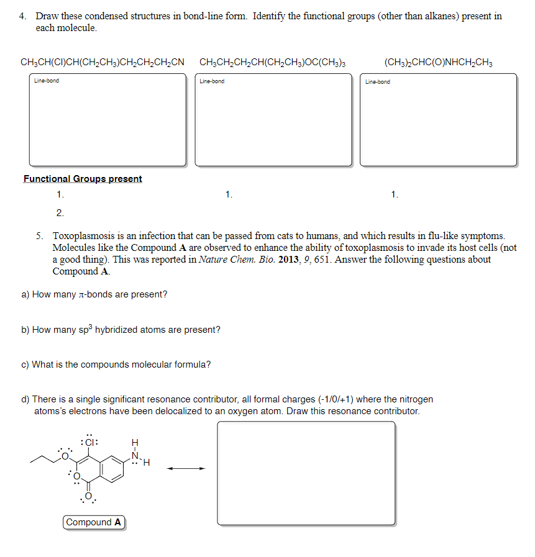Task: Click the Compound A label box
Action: (x=94, y=522)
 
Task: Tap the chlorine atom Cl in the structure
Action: (x=90, y=443)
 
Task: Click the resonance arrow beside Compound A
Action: (x=185, y=469)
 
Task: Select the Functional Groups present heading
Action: (x=83, y=179)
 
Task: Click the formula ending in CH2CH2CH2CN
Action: (x=103, y=62)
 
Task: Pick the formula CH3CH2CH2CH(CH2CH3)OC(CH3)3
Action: (x=272, y=62)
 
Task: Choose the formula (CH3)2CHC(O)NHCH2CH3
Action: (x=439, y=62)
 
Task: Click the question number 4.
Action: (x=22, y=16)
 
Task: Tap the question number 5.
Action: (x=39, y=236)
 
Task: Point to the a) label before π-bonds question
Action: (x=25, y=294)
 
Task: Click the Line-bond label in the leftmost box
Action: (x=47, y=81)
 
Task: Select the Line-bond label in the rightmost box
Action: (x=378, y=81)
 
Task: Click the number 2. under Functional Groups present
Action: (x=60, y=213)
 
